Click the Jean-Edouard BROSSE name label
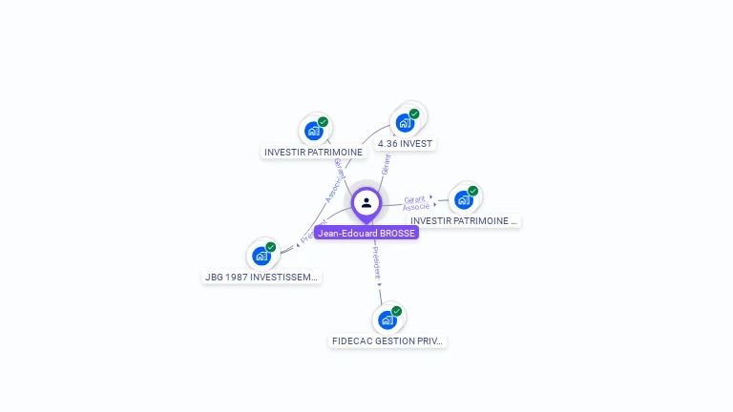[366, 233]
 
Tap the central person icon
[366, 202]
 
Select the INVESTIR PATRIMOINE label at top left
[313, 152]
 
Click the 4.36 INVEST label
[405, 144]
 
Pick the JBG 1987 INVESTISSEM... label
[262, 278]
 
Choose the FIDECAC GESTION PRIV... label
[387, 340]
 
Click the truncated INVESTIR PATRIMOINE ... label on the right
[464, 221]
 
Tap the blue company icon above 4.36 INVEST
[405, 123]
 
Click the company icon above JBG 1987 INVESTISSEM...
[261, 256]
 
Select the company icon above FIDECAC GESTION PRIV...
[387, 319]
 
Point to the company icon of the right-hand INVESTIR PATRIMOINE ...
[463, 200]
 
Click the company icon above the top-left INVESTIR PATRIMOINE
[313, 131]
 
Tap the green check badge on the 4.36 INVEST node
[414, 114]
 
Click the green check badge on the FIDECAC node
[396, 311]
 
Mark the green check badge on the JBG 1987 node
[270, 247]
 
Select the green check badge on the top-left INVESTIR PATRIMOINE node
[323, 122]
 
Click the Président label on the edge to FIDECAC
[376, 264]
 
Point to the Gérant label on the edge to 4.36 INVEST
[386, 164]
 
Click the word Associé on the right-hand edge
[416, 207]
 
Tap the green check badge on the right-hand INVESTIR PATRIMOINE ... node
[472, 191]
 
